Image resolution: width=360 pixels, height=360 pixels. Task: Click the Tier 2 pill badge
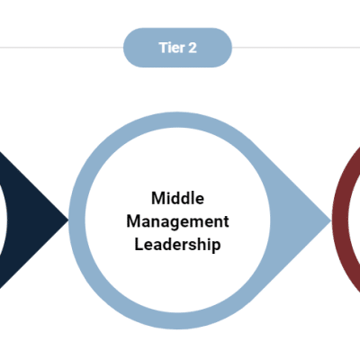[177, 48]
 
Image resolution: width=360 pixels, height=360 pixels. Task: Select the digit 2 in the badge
[192, 48]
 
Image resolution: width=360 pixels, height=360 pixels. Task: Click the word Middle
[177, 198]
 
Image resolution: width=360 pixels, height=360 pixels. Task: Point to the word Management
[177, 220]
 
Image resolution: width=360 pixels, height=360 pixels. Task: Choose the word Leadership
[177, 243]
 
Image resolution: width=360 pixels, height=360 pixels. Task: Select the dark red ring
[339, 216]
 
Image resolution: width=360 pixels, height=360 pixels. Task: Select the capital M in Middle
[157, 198]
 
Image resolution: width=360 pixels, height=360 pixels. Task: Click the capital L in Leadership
[139, 243]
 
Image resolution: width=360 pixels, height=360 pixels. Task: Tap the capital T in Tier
[162, 48]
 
